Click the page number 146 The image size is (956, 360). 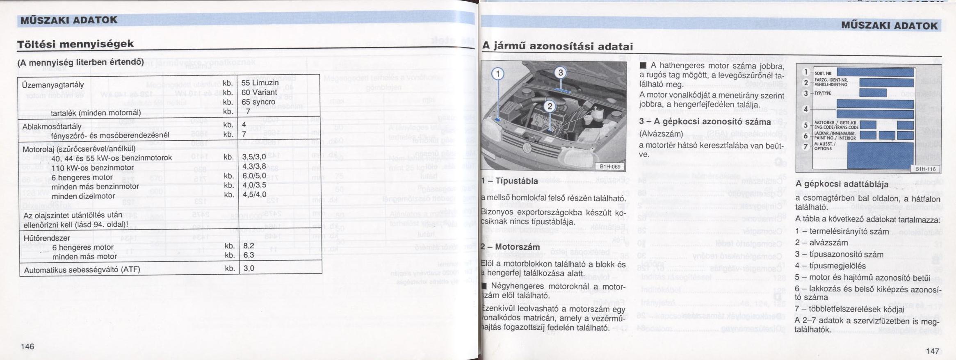pyautogui.click(x=27, y=346)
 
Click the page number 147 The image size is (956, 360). pyautogui.click(x=932, y=351)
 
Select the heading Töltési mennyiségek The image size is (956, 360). pyautogui.click(x=75, y=44)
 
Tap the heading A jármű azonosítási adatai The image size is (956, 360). pyautogui.click(x=557, y=46)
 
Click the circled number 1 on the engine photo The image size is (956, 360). pyautogui.click(x=497, y=74)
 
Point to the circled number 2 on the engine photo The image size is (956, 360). pyautogui.click(x=550, y=107)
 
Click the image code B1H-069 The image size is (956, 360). pyautogui.click(x=610, y=166)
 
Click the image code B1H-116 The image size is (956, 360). pyautogui.click(x=925, y=169)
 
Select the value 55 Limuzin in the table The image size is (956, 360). pyautogui.click(x=260, y=83)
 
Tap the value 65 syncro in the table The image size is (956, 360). pyautogui.click(x=258, y=102)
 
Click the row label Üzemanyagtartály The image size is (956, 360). pyautogui.click(x=53, y=85)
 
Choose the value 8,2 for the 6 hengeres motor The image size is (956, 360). pyautogui.click(x=249, y=246)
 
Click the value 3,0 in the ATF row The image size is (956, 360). pyautogui.click(x=249, y=269)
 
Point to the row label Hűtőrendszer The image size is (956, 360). pyautogui.click(x=46, y=238)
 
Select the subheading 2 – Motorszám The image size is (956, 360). pyautogui.click(x=510, y=247)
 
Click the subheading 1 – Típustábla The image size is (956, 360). pyautogui.click(x=509, y=181)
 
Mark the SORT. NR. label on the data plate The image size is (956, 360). pyautogui.click(x=820, y=73)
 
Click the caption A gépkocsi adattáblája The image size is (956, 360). pyautogui.click(x=842, y=184)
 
